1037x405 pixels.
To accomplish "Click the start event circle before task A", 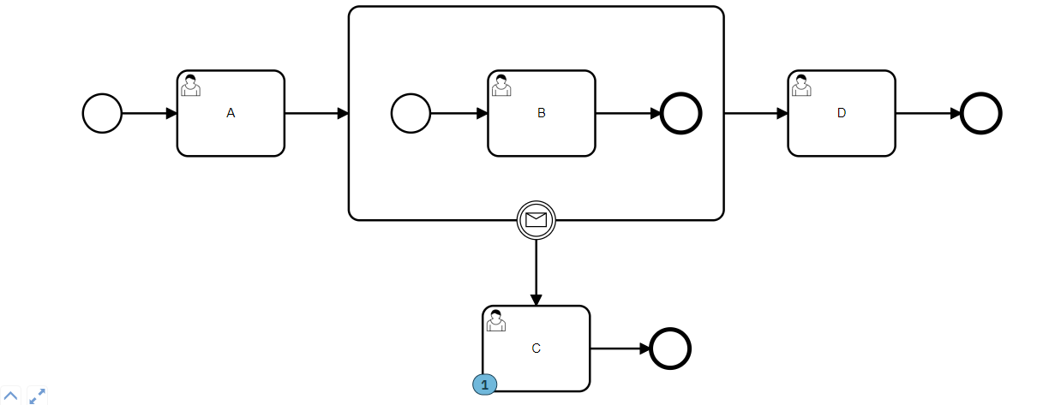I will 102,113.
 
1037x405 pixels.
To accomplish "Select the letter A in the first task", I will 231,113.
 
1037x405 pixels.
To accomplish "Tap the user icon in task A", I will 190,85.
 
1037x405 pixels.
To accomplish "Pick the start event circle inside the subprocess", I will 411,113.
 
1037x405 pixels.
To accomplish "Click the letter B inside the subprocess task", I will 541,113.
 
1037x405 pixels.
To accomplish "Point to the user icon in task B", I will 501,85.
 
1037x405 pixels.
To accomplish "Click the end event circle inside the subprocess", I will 681,113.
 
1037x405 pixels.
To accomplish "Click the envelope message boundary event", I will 536,220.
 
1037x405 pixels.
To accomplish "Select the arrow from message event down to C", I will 536,272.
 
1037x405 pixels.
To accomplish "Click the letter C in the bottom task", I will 536,348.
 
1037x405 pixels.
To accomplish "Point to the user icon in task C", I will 495,320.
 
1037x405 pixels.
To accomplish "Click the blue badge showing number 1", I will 484,384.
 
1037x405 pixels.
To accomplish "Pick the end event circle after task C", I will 670,348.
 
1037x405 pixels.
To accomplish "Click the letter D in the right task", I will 842,113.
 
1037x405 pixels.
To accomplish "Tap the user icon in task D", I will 801,85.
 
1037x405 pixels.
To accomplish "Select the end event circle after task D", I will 981,113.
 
